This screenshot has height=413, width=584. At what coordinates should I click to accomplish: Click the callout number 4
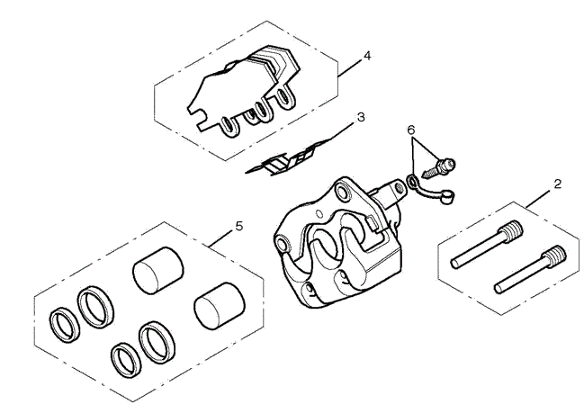pos(367,56)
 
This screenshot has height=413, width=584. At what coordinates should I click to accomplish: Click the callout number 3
pos(361,117)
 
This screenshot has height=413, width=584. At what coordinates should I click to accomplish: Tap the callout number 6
pos(411,130)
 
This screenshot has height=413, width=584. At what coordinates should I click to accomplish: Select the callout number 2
pos(557,184)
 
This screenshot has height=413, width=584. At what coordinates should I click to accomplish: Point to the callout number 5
pos(239,226)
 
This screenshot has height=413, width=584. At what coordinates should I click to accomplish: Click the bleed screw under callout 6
pos(438,168)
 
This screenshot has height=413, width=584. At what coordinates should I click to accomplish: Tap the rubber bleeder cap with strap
pos(431,190)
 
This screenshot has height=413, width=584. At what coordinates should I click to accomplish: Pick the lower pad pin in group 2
pos(530,269)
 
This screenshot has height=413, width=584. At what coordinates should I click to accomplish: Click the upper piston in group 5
pos(157,270)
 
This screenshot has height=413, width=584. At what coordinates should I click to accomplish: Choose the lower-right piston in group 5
pos(220,306)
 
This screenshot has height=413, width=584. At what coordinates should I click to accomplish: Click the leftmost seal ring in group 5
pos(65,325)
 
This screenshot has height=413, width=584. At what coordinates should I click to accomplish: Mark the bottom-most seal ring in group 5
pos(126,358)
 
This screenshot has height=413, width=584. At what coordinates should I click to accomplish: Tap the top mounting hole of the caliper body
pos(343,191)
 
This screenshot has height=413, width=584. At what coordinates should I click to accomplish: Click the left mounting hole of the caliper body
pos(283,244)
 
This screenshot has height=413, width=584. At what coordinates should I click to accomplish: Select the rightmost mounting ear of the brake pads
pos(286,96)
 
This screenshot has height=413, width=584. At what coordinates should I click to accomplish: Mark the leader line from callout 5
pos(220,238)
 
